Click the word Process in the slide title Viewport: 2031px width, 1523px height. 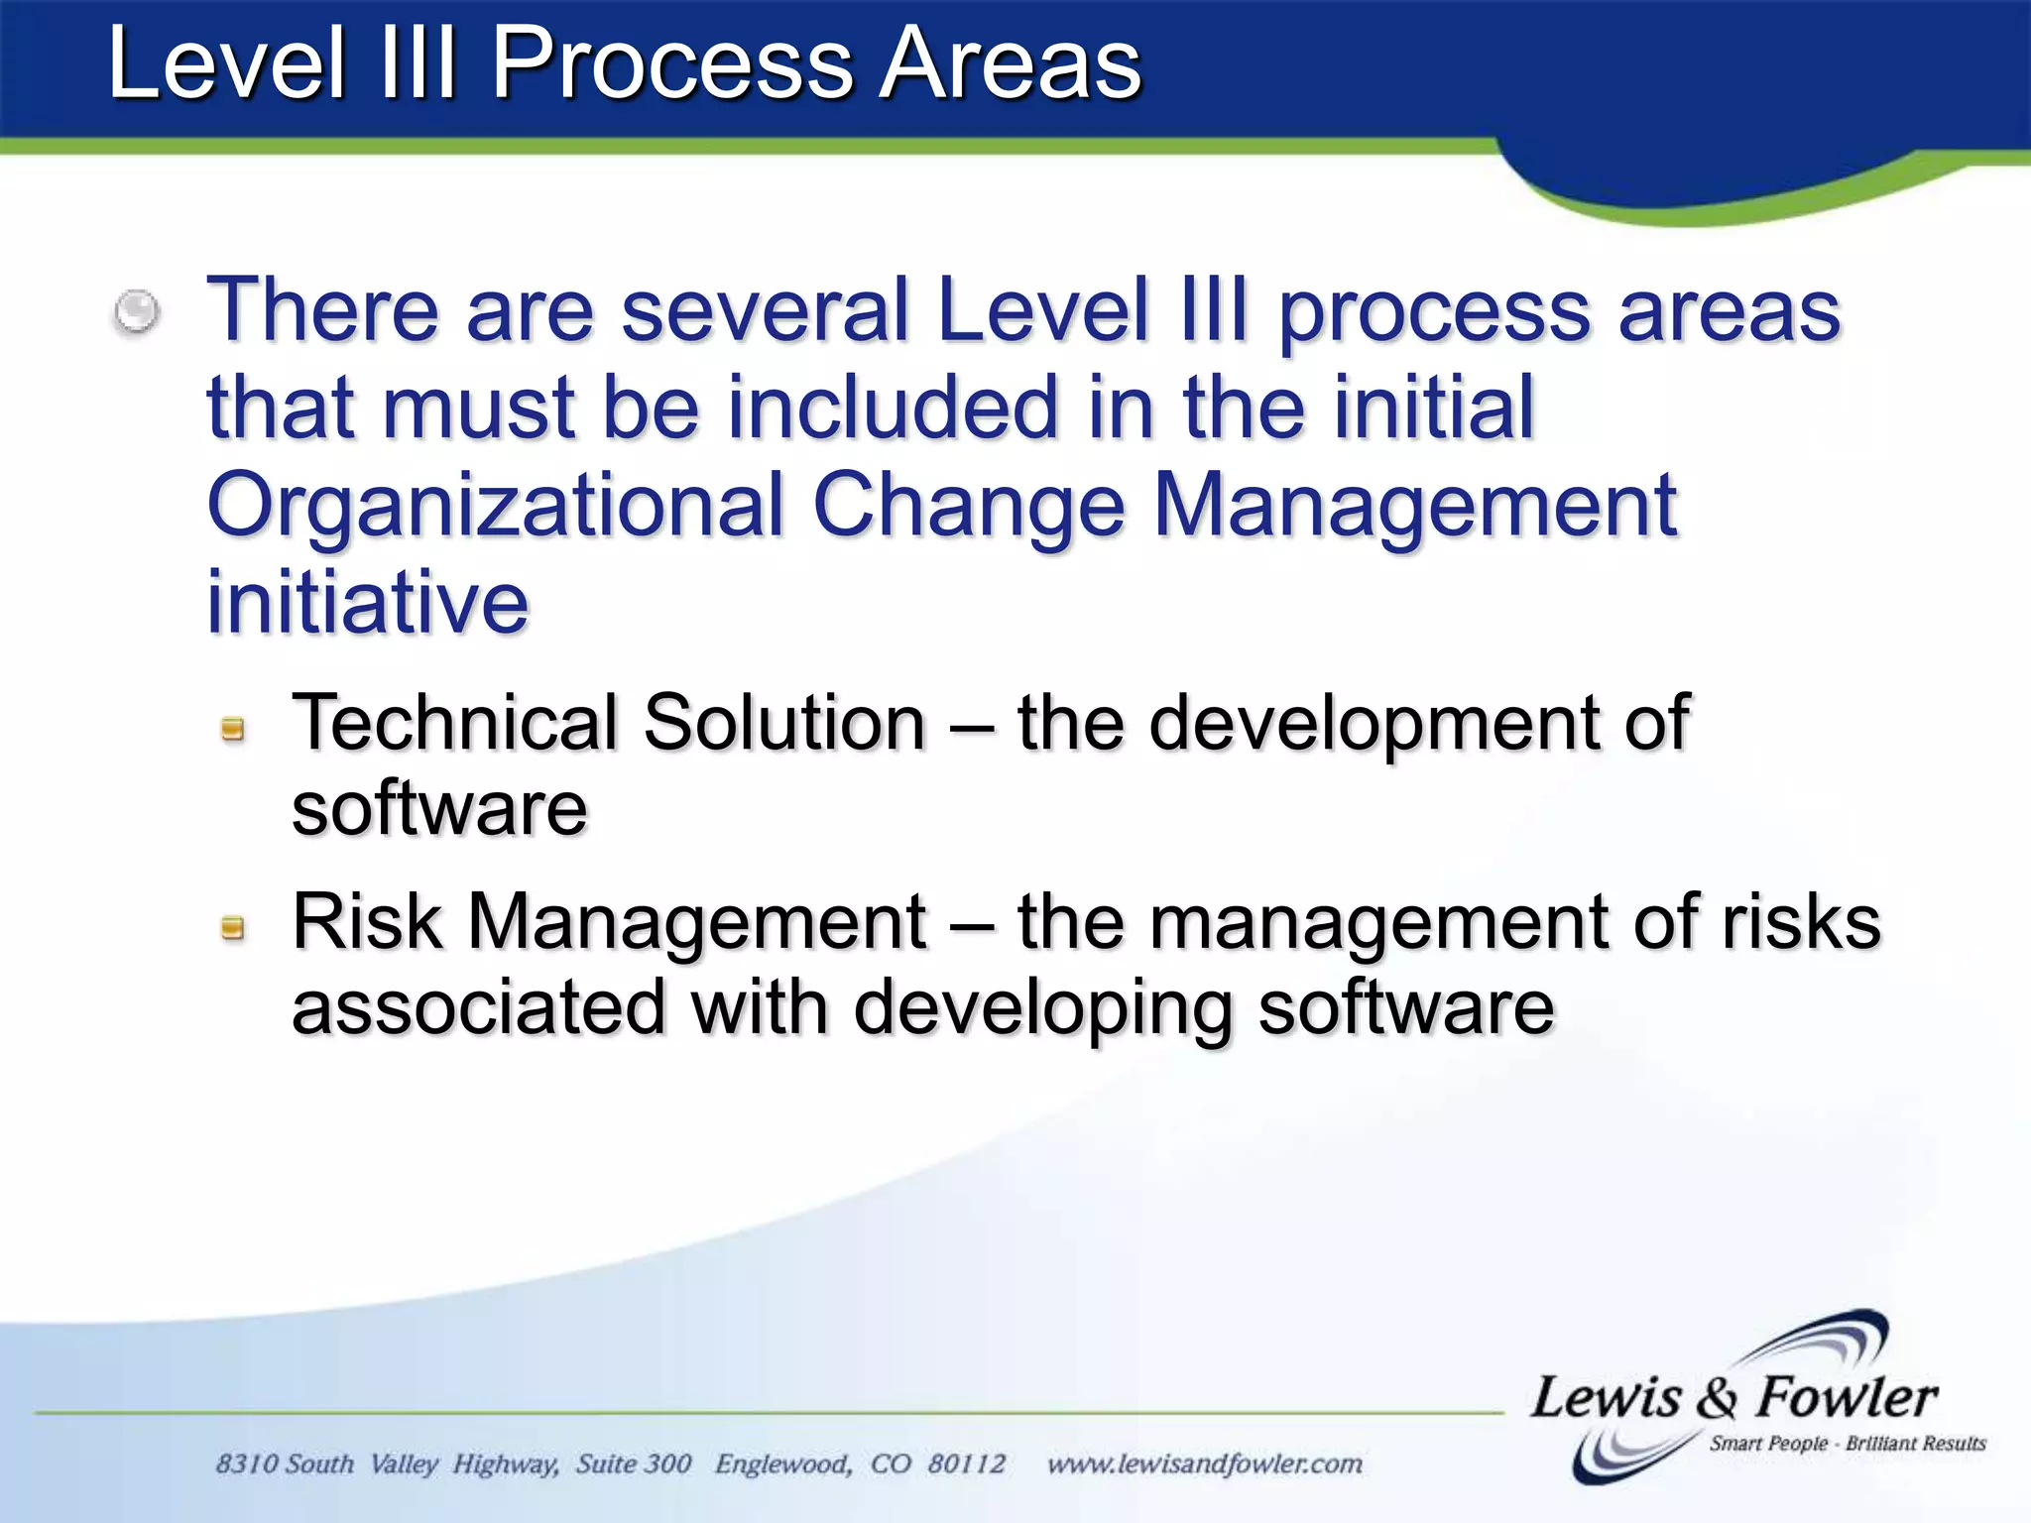[x=671, y=65]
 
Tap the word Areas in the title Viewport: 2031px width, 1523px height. [x=1011, y=65]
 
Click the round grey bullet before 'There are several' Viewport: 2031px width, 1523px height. [x=136, y=312]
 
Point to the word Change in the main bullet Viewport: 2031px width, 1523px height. [x=969, y=506]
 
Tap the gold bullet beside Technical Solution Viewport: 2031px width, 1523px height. [x=233, y=730]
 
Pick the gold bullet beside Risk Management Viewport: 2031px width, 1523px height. [x=233, y=928]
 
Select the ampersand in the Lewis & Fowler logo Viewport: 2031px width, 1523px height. [x=1717, y=1399]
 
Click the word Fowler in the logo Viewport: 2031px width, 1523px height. [x=1847, y=1397]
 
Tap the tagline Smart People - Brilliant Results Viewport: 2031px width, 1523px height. [x=1847, y=1444]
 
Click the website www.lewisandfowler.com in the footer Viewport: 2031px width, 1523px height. [x=1204, y=1464]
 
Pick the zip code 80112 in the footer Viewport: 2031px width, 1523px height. [x=966, y=1464]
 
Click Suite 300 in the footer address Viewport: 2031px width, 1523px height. [x=634, y=1464]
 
